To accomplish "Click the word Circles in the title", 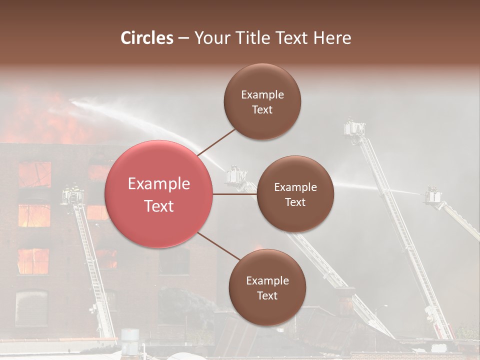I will click(147, 38).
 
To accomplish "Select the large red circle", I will click(159, 194).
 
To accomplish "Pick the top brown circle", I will click(262, 101).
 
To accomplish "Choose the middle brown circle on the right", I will click(295, 194).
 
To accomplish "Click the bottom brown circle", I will click(267, 287).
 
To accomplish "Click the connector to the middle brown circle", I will click(235, 194).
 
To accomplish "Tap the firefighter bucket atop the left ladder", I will click(72, 196).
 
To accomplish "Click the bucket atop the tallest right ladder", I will click(354, 128).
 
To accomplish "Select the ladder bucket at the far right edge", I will click(433, 196).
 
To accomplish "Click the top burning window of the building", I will click(35, 174).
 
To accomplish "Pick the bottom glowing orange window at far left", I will click(33, 261).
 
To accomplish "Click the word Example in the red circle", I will click(159, 184).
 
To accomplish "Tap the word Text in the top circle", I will click(262, 109).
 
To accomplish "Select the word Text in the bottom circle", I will click(267, 295).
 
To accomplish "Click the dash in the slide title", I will click(183, 38).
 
